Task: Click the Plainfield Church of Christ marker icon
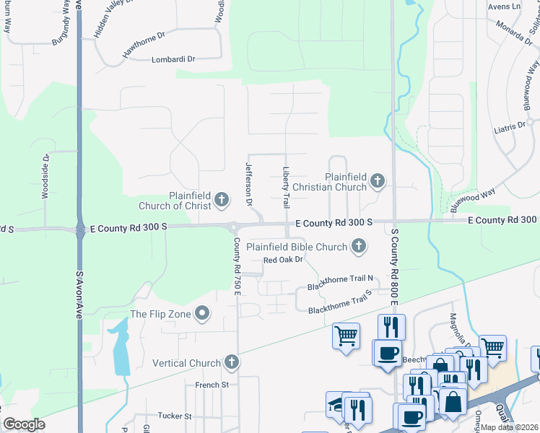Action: tap(222, 198)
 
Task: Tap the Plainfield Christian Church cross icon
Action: tap(376, 180)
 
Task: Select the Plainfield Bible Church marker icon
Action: tap(357, 247)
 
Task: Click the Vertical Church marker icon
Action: tap(231, 362)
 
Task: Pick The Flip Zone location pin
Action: tap(203, 313)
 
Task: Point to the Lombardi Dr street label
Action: tap(173, 59)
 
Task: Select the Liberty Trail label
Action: tap(286, 185)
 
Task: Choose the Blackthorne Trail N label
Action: tap(340, 282)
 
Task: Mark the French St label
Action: tap(212, 385)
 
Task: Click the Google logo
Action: tap(24, 424)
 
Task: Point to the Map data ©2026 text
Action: tap(509, 427)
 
